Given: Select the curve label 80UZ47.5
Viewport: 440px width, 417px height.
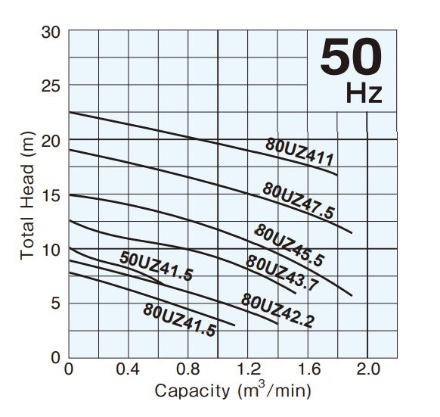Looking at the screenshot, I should coord(298,201).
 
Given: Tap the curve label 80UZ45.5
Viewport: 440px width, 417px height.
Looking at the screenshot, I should coord(289,245).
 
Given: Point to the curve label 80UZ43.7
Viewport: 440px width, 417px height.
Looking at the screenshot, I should coord(281,274).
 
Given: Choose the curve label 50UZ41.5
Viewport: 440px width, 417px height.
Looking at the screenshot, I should coord(156,266).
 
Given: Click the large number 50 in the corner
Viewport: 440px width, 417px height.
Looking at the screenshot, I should coord(351,58).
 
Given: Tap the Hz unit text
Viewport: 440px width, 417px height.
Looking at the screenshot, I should coord(364,94).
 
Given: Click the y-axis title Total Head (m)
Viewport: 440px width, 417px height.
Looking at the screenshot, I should coord(27,194).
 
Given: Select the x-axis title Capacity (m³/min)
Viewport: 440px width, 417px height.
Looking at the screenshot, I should coord(233,391).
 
